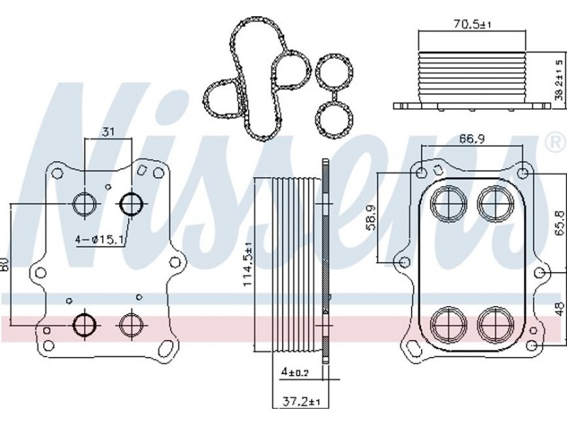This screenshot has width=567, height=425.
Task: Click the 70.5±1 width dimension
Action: click(472, 24)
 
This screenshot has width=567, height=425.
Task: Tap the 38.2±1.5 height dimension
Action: click(559, 80)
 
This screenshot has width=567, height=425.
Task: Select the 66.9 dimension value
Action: click(472, 138)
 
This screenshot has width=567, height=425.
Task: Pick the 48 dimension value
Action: click(559, 310)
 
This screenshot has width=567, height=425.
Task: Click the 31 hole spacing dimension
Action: click(108, 132)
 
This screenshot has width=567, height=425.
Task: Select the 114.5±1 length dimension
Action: click(247, 264)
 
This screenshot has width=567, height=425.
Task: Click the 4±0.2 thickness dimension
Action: click(295, 372)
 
